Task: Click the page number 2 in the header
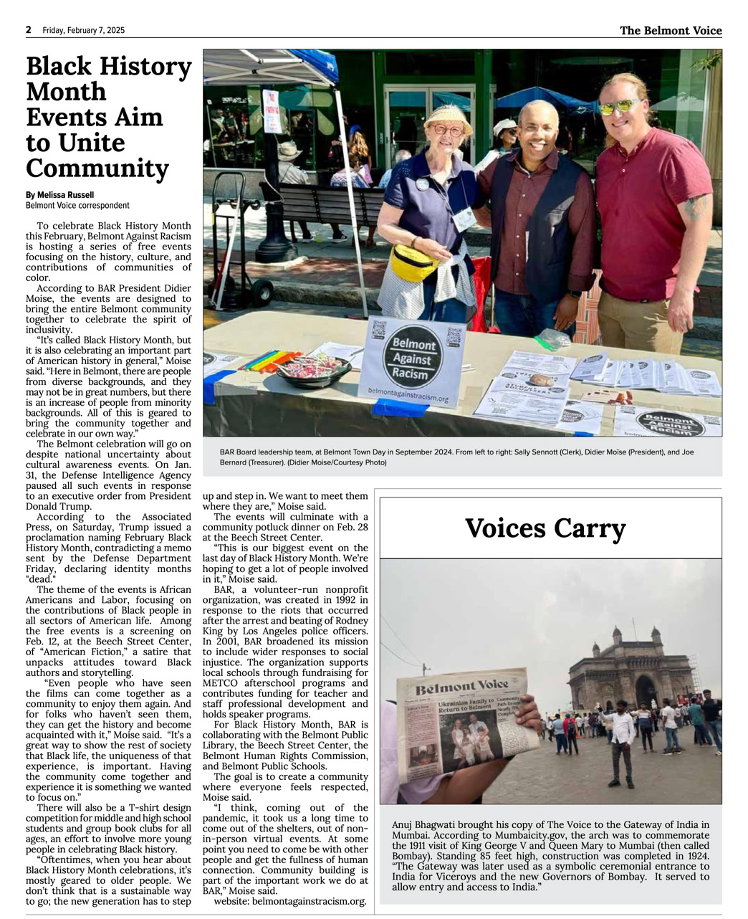point(29,30)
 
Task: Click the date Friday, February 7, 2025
point(83,30)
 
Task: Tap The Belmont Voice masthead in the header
point(671,30)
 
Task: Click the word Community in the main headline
point(97,168)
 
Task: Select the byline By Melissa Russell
point(59,195)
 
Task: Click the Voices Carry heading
point(545,529)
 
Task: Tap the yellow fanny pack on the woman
point(415,262)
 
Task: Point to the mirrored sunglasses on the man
point(620,107)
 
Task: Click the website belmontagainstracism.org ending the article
point(311,901)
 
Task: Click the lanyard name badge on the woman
point(464,217)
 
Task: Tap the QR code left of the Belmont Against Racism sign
point(379,329)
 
